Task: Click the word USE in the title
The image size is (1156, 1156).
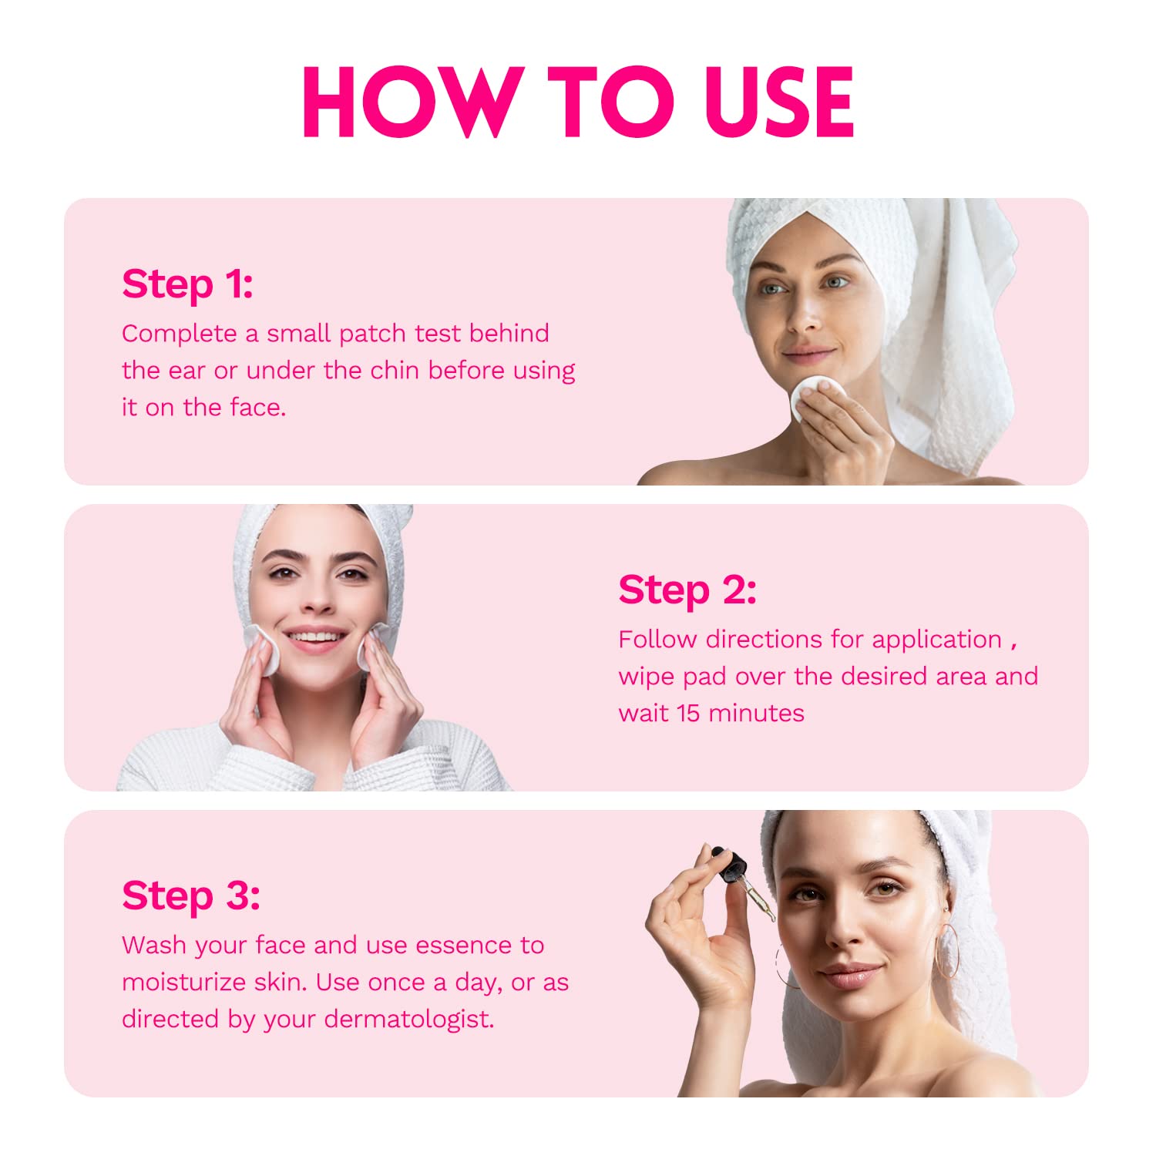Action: click(x=778, y=102)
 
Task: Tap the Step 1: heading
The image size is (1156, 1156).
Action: click(x=187, y=284)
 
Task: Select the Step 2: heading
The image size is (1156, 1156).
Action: click(x=687, y=590)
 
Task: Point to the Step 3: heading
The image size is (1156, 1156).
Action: click(x=190, y=896)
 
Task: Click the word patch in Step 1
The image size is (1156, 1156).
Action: click(x=372, y=334)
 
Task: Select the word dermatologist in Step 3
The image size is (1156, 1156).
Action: click(x=408, y=1020)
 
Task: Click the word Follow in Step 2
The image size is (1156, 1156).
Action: click(x=657, y=640)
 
